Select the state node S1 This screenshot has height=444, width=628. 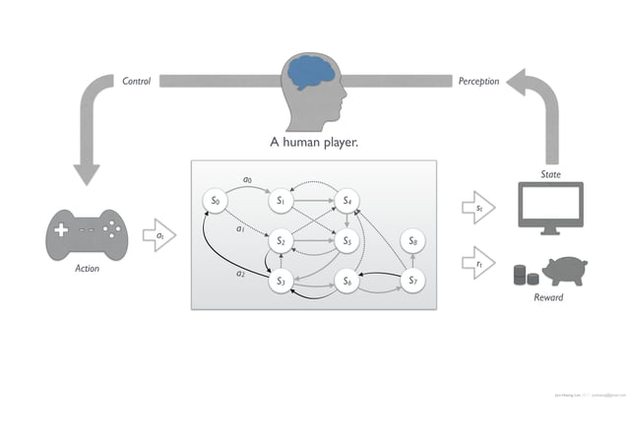[x=281, y=201]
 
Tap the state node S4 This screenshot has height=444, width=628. [x=345, y=201]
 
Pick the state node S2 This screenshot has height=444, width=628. [x=281, y=240]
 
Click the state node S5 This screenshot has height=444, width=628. [x=345, y=240]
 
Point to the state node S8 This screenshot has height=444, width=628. [x=413, y=240]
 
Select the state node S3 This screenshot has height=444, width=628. [x=281, y=282]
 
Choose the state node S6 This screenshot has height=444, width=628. [x=345, y=282]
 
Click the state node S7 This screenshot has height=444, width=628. [x=413, y=282]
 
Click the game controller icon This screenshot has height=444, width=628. [x=87, y=237]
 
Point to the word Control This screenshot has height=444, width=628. [x=136, y=81]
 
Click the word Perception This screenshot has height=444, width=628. [x=478, y=81]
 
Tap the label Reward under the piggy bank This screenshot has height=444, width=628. [x=548, y=297]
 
